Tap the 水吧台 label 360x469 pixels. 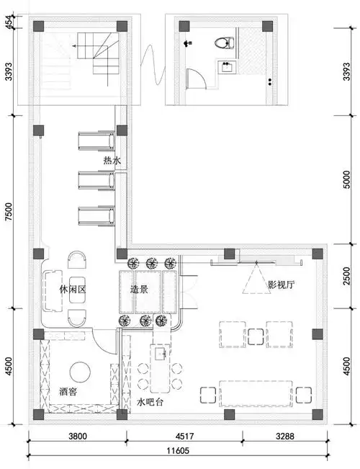(x=149, y=402)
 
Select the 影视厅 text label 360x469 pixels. (x=282, y=285)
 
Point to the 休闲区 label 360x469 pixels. (x=73, y=288)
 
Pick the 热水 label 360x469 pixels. (x=112, y=161)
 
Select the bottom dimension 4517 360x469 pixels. (x=184, y=436)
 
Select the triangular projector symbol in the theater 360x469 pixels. (x=253, y=280)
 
